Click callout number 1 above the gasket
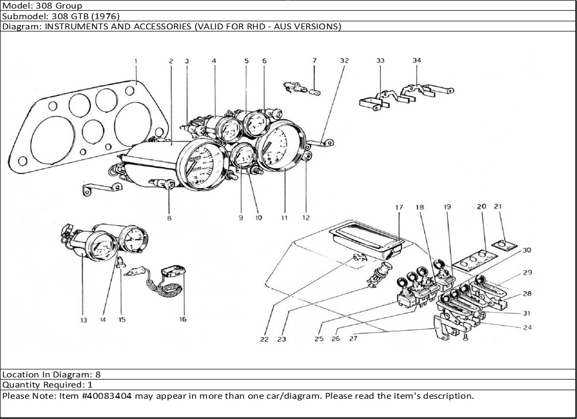(x=136, y=61)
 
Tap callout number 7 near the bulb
(x=314, y=61)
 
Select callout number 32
(x=344, y=61)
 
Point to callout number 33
(x=380, y=61)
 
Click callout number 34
(x=417, y=60)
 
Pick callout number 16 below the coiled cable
(x=183, y=320)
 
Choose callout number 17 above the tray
(x=399, y=207)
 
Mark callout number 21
(x=498, y=206)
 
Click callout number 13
(x=84, y=320)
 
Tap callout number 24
(x=527, y=327)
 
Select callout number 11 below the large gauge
(x=285, y=217)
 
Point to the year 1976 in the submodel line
(x=108, y=16)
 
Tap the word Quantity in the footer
(x=20, y=385)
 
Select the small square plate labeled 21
(x=503, y=245)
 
